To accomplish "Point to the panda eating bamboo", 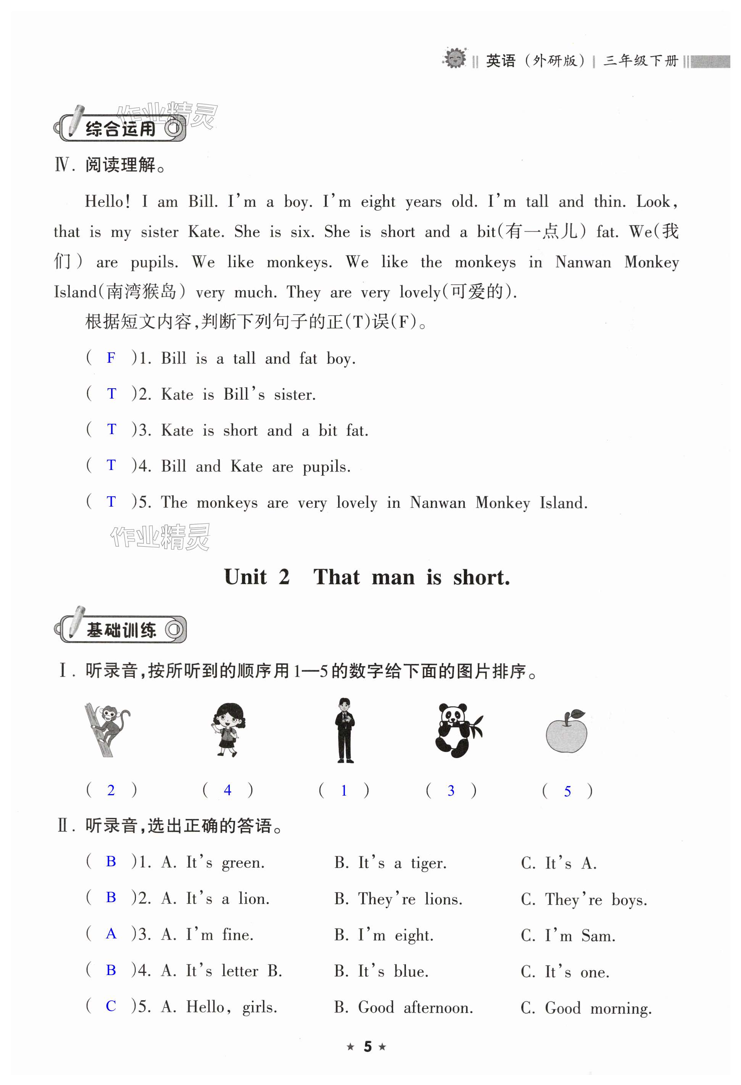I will coord(457,729).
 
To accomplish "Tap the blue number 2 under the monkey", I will coord(111,790).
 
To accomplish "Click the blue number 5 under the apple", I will coord(567,791).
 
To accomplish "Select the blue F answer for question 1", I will coord(111,358).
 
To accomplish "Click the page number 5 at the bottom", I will coord(368,1047).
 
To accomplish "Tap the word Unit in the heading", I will coord(245,578).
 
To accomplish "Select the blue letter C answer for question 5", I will coord(111,1006).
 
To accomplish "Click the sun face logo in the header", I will coord(454,58).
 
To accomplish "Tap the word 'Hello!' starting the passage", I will coord(107,202).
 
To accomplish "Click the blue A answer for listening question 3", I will coord(111,934).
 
